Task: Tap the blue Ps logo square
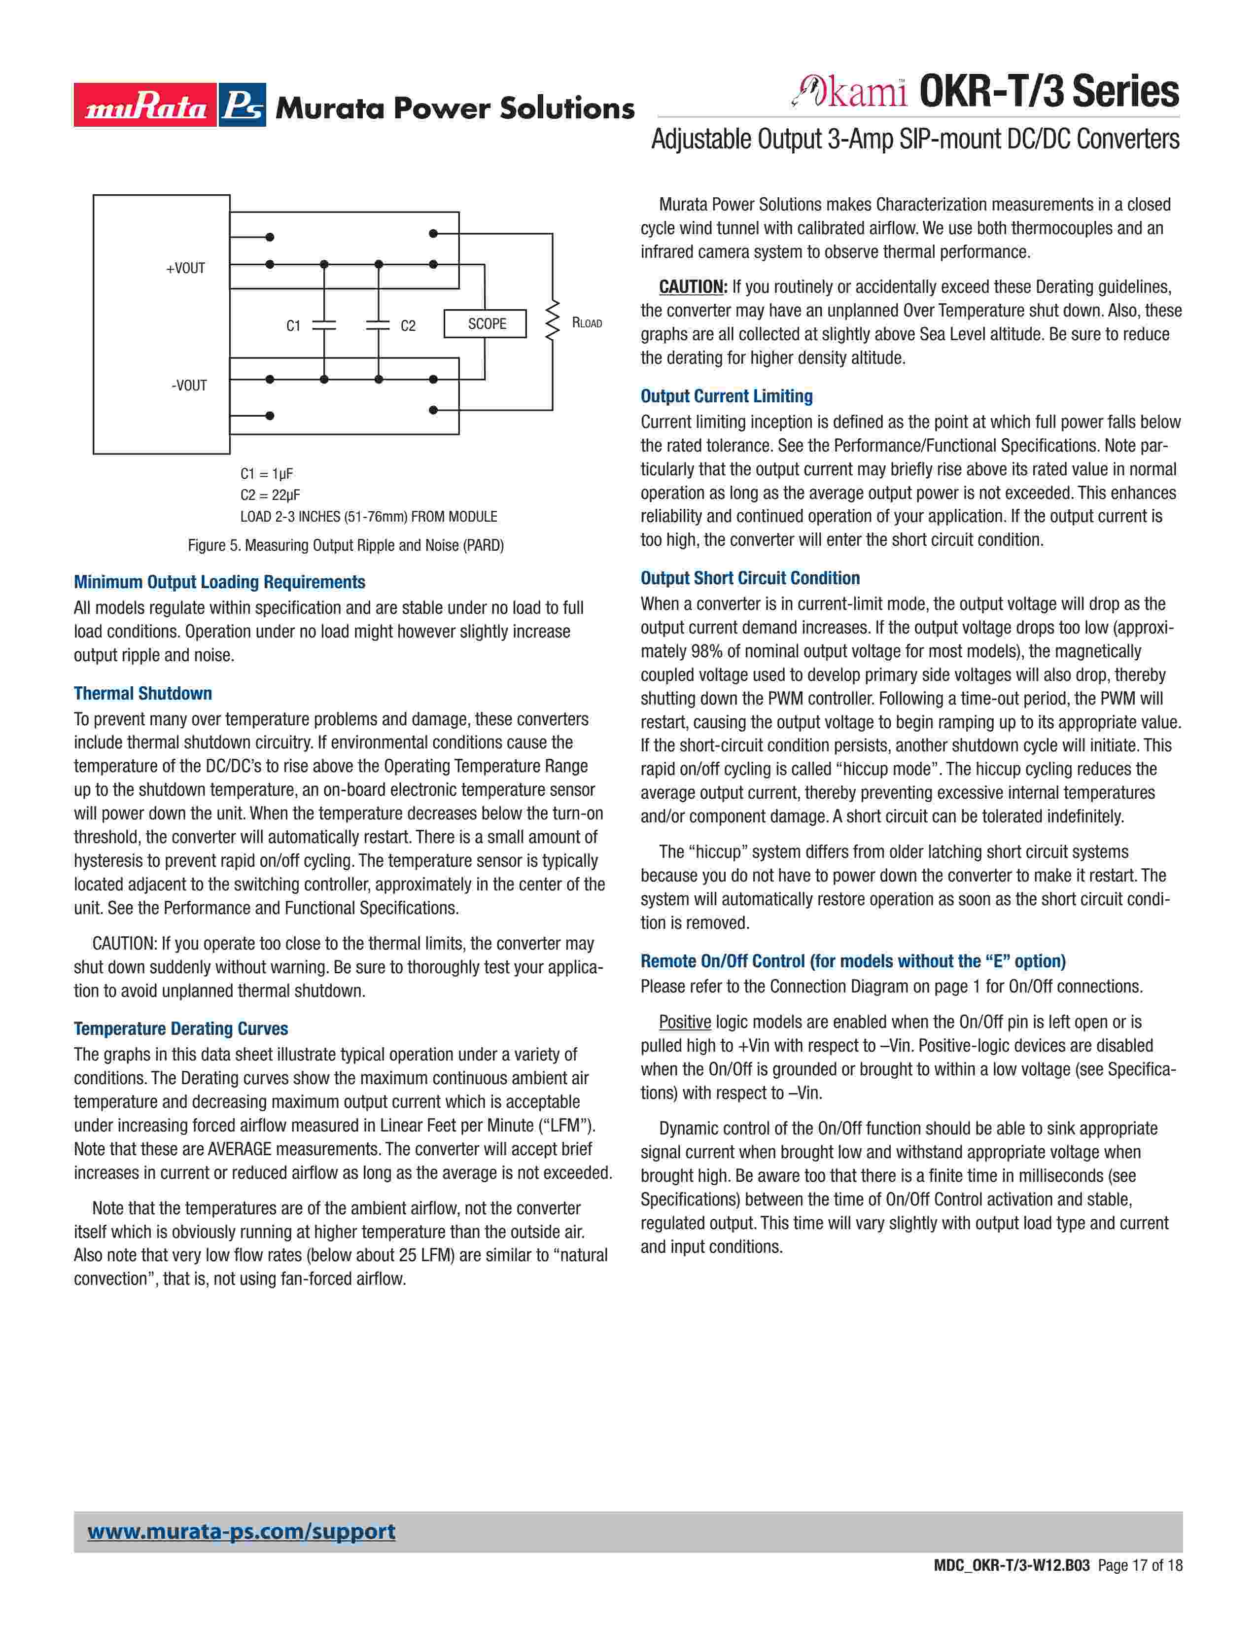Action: tap(242, 105)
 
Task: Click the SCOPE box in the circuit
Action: tap(486, 324)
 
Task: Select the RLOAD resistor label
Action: tap(587, 322)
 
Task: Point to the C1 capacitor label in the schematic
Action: tap(293, 325)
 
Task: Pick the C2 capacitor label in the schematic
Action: tap(408, 325)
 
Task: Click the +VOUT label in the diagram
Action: tap(185, 268)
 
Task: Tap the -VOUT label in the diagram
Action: tap(189, 385)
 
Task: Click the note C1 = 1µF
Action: tap(267, 474)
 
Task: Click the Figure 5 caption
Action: tap(346, 545)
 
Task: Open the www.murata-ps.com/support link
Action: tap(241, 1532)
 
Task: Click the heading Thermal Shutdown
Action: tap(142, 694)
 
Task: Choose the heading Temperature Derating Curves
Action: tap(180, 1029)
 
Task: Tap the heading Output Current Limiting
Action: tap(726, 396)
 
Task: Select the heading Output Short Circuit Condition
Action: tap(750, 578)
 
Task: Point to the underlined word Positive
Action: tap(684, 1022)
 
